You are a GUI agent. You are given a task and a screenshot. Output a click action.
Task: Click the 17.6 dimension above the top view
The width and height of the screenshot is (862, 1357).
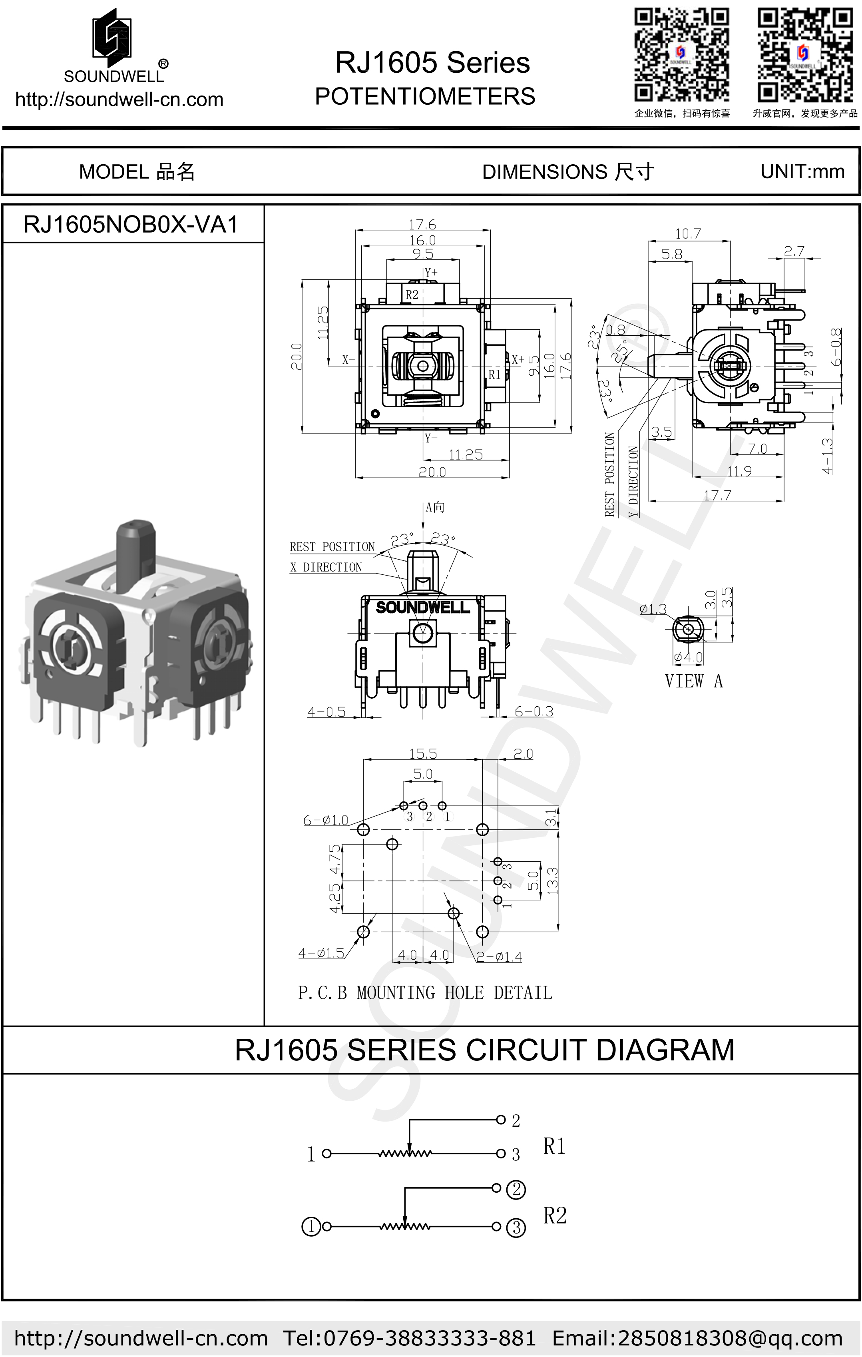[x=422, y=224]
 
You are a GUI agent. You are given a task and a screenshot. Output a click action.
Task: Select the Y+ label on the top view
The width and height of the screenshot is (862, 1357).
[x=431, y=273]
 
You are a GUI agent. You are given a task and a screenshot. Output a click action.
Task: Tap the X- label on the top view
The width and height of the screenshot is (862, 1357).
[x=348, y=360]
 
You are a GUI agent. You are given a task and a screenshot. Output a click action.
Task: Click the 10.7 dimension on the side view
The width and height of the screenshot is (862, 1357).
[x=688, y=233]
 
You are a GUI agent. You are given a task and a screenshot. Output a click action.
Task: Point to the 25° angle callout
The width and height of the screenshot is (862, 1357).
[x=622, y=352]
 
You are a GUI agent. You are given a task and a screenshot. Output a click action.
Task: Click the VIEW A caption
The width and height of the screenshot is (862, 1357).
[x=693, y=681]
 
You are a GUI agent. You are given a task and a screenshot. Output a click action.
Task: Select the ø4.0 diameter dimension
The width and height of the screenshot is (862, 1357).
[x=688, y=657]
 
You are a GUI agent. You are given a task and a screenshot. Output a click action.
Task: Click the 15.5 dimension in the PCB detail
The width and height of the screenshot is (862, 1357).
[x=422, y=753]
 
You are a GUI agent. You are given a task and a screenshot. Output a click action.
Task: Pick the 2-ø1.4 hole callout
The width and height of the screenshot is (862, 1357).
[x=499, y=956]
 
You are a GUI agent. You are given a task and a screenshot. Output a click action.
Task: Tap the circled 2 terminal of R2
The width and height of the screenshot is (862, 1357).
[x=516, y=1189]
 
